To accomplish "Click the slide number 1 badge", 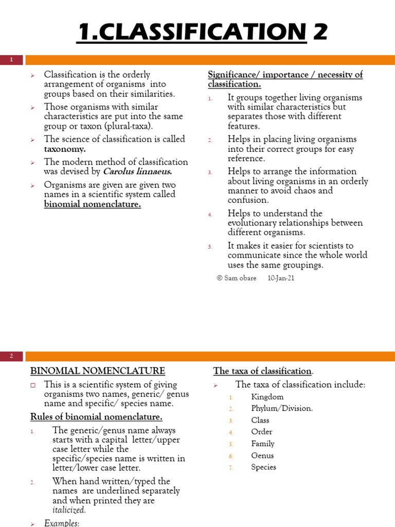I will tap(11, 60).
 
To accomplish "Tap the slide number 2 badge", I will tap(11, 356).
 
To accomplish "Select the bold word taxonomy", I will tap(65, 149).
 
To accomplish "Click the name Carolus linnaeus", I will tap(137, 172).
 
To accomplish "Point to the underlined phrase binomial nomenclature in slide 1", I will tap(93, 204).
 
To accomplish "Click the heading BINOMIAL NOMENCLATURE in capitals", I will tap(98, 371).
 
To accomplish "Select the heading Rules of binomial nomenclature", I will tap(96, 417).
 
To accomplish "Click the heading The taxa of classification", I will tap(263, 371).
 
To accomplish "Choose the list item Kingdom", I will tap(267, 397).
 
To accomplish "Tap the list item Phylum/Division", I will tap(282, 409).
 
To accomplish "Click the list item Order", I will tap(262, 432).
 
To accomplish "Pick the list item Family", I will tap(263, 444).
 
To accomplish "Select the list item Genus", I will tap(262, 455).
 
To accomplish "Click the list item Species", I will tap(263, 467).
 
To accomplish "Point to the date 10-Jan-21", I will tap(281, 278).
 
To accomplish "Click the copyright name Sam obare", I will tap(240, 278).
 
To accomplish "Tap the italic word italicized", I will tap(69, 510).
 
